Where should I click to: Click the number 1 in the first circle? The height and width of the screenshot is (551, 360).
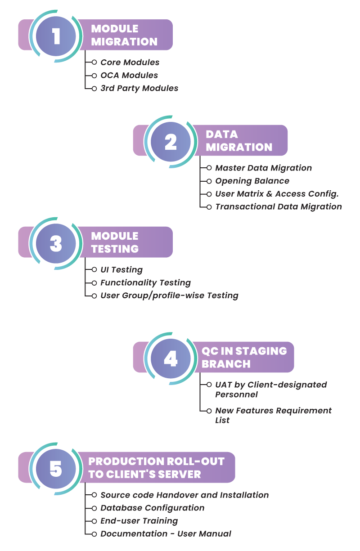pos(56,36)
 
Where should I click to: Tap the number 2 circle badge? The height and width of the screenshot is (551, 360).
pos(171,142)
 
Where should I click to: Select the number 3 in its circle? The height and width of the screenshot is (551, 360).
pos(56,243)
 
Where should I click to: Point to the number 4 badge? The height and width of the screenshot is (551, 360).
pos(171,358)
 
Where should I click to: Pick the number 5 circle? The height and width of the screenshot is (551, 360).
pos(56,469)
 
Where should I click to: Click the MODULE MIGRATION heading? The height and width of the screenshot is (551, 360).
pos(124,35)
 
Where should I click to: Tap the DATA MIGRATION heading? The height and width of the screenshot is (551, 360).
pos(238,141)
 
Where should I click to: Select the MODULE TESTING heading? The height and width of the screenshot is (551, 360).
pos(115,242)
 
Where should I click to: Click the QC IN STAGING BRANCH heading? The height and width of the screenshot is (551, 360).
pos(244,357)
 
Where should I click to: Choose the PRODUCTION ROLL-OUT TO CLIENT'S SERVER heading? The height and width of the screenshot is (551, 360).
pos(156,468)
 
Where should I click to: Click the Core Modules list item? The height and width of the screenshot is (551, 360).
pos(130,63)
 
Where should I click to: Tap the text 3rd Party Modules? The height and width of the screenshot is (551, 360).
pos(139,88)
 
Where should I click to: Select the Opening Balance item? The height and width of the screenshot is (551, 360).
pos(252,181)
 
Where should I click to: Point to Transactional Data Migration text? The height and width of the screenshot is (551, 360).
pos(278,206)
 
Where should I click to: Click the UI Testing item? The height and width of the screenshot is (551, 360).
pos(121,270)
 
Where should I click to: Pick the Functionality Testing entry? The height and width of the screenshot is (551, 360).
pos(145,282)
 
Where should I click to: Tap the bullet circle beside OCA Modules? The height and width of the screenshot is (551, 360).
pos(94,76)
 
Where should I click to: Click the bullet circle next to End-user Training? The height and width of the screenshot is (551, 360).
pos(94,521)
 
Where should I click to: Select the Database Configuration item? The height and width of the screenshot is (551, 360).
pos(152,508)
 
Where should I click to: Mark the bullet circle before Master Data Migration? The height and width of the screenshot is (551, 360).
pos(209,168)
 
